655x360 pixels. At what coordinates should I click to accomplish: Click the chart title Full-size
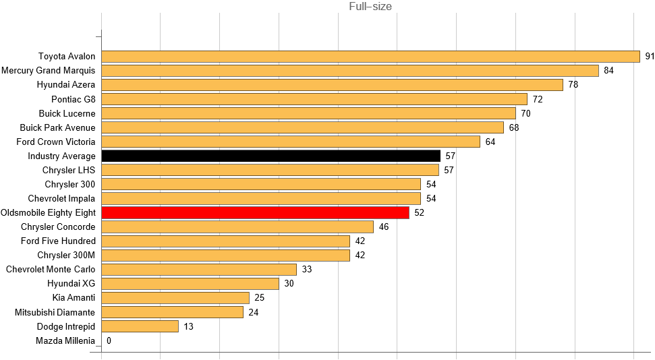click(x=370, y=7)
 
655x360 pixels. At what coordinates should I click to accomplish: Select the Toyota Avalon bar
click(x=370, y=57)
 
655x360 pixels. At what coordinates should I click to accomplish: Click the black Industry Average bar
click(x=270, y=156)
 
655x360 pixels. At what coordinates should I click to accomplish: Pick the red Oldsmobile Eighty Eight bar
click(x=255, y=212)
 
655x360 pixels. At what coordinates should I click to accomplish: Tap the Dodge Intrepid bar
click(x=140, y=326)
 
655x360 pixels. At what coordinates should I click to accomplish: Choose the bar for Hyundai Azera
click(x=332, y=85)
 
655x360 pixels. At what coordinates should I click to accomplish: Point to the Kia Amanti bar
click(x=175, y=298)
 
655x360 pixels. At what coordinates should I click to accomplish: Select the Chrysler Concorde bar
click(x=237, y=227)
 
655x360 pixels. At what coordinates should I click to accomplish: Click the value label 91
click(x=650, y=57)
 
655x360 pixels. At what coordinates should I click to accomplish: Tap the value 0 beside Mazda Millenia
click(x=109, y=340)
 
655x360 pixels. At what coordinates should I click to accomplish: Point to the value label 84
click(x=608, y=71)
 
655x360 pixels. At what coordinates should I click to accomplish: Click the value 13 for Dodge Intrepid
click(x=188, y=326)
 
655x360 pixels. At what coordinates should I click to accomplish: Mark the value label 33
click(x=306, y=270)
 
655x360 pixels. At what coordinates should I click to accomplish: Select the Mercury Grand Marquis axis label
click(x=49, y=71)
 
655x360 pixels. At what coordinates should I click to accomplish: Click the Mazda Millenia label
click(x=65, y=340)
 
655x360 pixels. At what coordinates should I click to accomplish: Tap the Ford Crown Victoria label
click(x=56, y=142)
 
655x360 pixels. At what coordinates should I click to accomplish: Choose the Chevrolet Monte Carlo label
click(x=51, y=270)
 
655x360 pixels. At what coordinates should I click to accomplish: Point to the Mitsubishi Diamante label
click(x=55, y=312)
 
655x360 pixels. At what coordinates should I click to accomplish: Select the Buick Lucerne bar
click(x=308, y=113)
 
